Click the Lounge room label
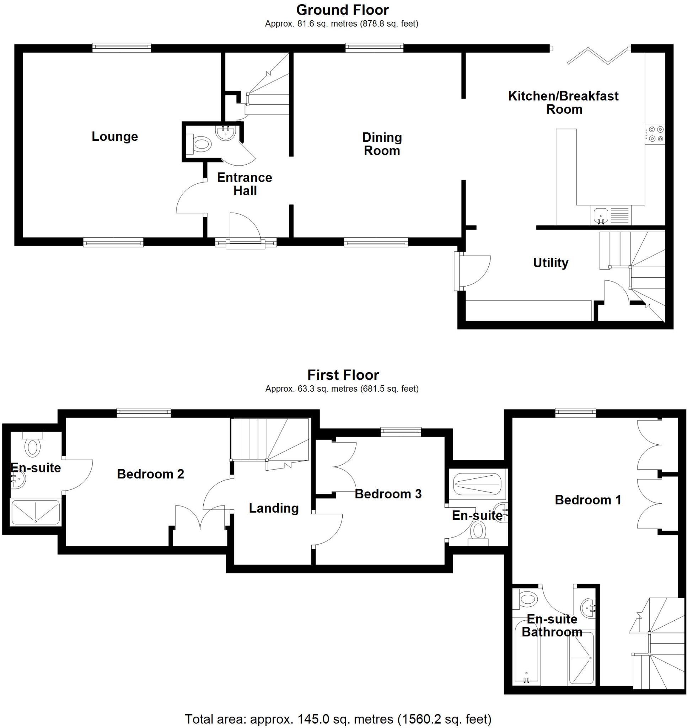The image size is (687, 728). [x=115, y=136]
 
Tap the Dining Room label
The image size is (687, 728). [x=382, y=144]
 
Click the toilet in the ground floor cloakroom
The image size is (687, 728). [x=201, y=144]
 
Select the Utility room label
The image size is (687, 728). [x=551, y=263]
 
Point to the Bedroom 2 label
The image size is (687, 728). [x=150, y=474]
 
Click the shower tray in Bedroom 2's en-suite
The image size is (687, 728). [x=36, y=512]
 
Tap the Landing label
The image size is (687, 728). [x=274, y=508]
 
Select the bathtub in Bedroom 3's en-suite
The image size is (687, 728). [x=477, y=485]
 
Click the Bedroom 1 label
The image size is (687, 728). [x=588, y=500]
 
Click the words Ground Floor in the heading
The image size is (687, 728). [x=342, y=10]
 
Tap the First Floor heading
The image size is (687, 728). [x=343, y=375]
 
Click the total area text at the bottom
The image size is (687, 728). [x=338, y=719]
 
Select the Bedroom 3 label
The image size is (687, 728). [x=388, y=494]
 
